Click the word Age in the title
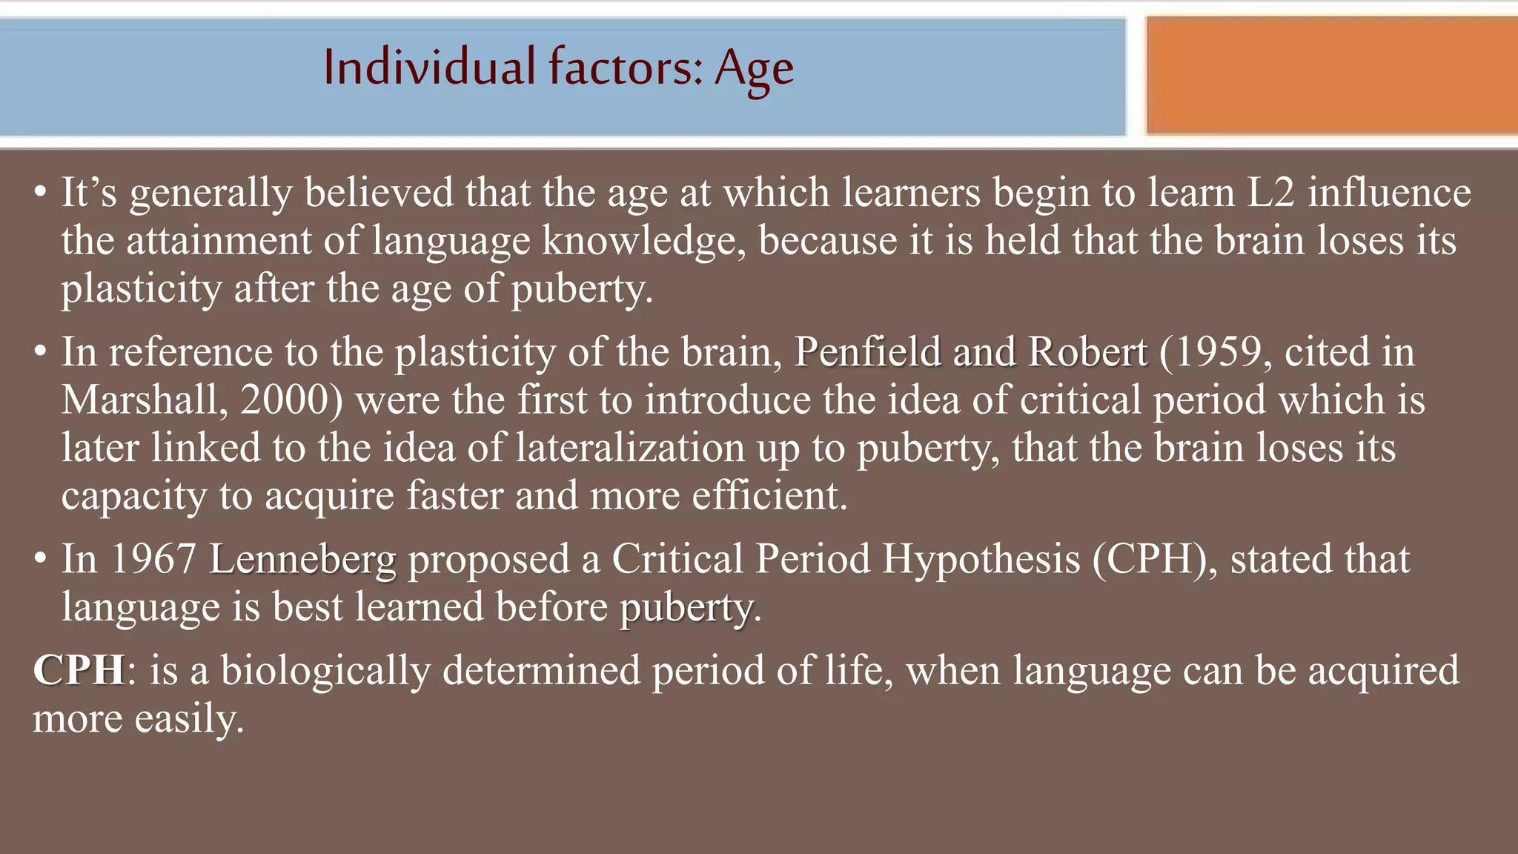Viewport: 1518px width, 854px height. (754, 69)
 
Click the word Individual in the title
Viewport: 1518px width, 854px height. (429, 67)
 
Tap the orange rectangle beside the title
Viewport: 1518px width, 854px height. (1331, 76)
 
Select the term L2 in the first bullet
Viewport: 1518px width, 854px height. (1270, 193)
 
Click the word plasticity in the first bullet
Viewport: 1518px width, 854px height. (142, 289)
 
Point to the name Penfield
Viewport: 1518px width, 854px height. (867, 352)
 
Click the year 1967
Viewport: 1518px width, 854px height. (153, 559)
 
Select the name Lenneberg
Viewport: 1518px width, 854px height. (302, 560)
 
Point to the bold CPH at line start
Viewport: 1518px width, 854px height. (79, 670)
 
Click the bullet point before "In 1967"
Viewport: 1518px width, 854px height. (41, 559)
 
